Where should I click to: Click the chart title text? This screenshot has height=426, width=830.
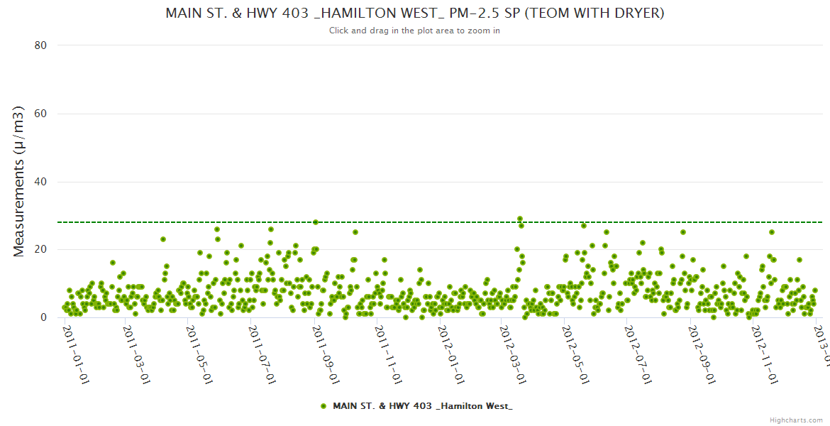click(x=415, y=13)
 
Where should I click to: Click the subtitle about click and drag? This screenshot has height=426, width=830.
click(x=414, y=31)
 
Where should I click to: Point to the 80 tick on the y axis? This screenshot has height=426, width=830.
click(x=40, y=45)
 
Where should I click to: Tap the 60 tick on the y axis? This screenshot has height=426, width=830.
click(x=40, y=114)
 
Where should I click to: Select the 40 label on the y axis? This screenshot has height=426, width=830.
click(x=40, y=182)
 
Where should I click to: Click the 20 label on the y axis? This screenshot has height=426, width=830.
click(x=40, y=250)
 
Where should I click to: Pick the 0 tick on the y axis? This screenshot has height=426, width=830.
click(x=43, y=318)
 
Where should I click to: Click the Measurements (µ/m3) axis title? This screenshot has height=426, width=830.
click(x=20, y=181)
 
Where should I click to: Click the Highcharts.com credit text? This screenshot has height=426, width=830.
click(x=796, y=420)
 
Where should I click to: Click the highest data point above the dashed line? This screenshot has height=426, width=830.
click(x=520, y=219)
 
